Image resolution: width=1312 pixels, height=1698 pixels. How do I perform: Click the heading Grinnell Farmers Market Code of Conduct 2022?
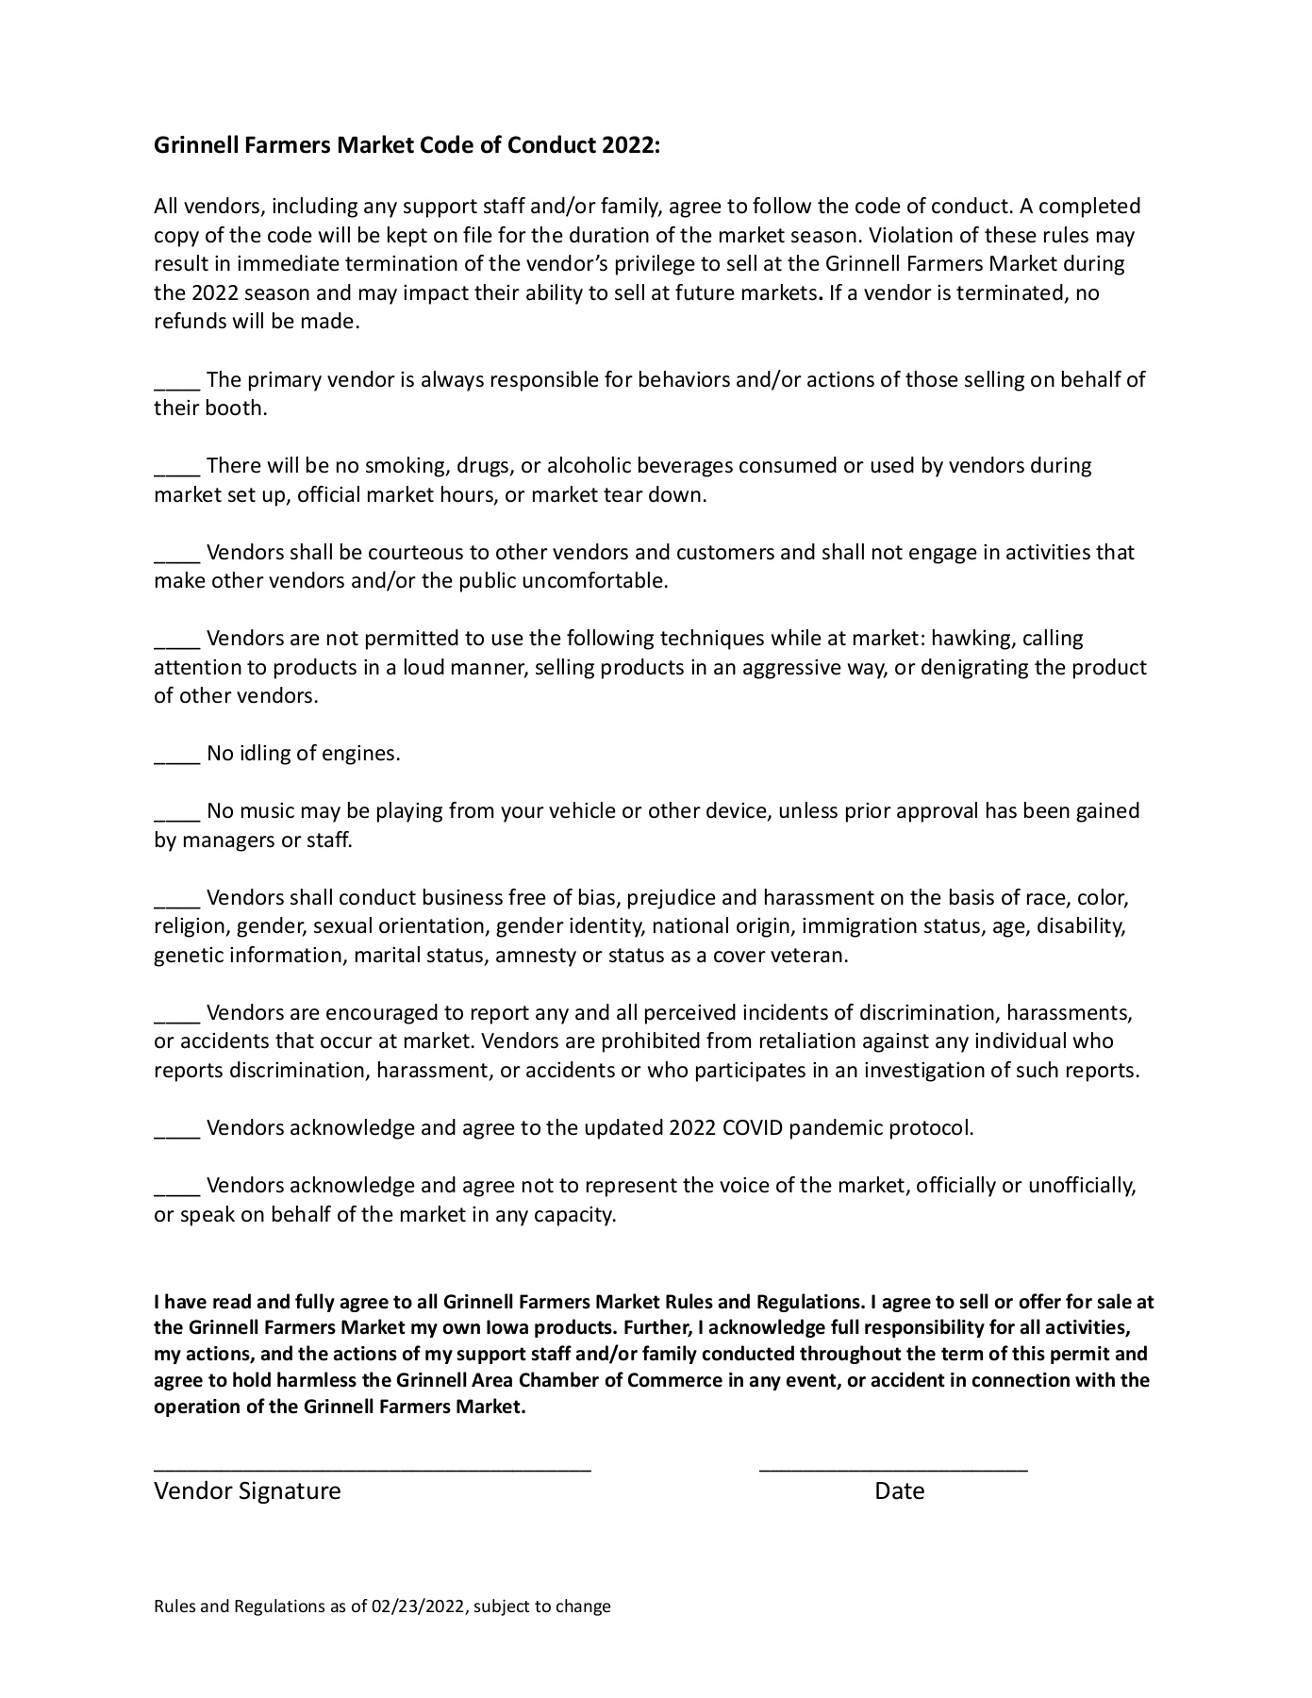[x=407, y=146]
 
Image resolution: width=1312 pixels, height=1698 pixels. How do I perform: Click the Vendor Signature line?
[x=373, y=1469]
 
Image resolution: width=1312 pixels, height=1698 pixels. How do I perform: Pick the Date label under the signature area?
[x=899, y=1491]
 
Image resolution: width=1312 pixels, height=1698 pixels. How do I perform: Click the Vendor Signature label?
[x=247, y=1491]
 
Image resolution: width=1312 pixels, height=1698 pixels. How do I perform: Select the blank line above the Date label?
[x=893, y=1469]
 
